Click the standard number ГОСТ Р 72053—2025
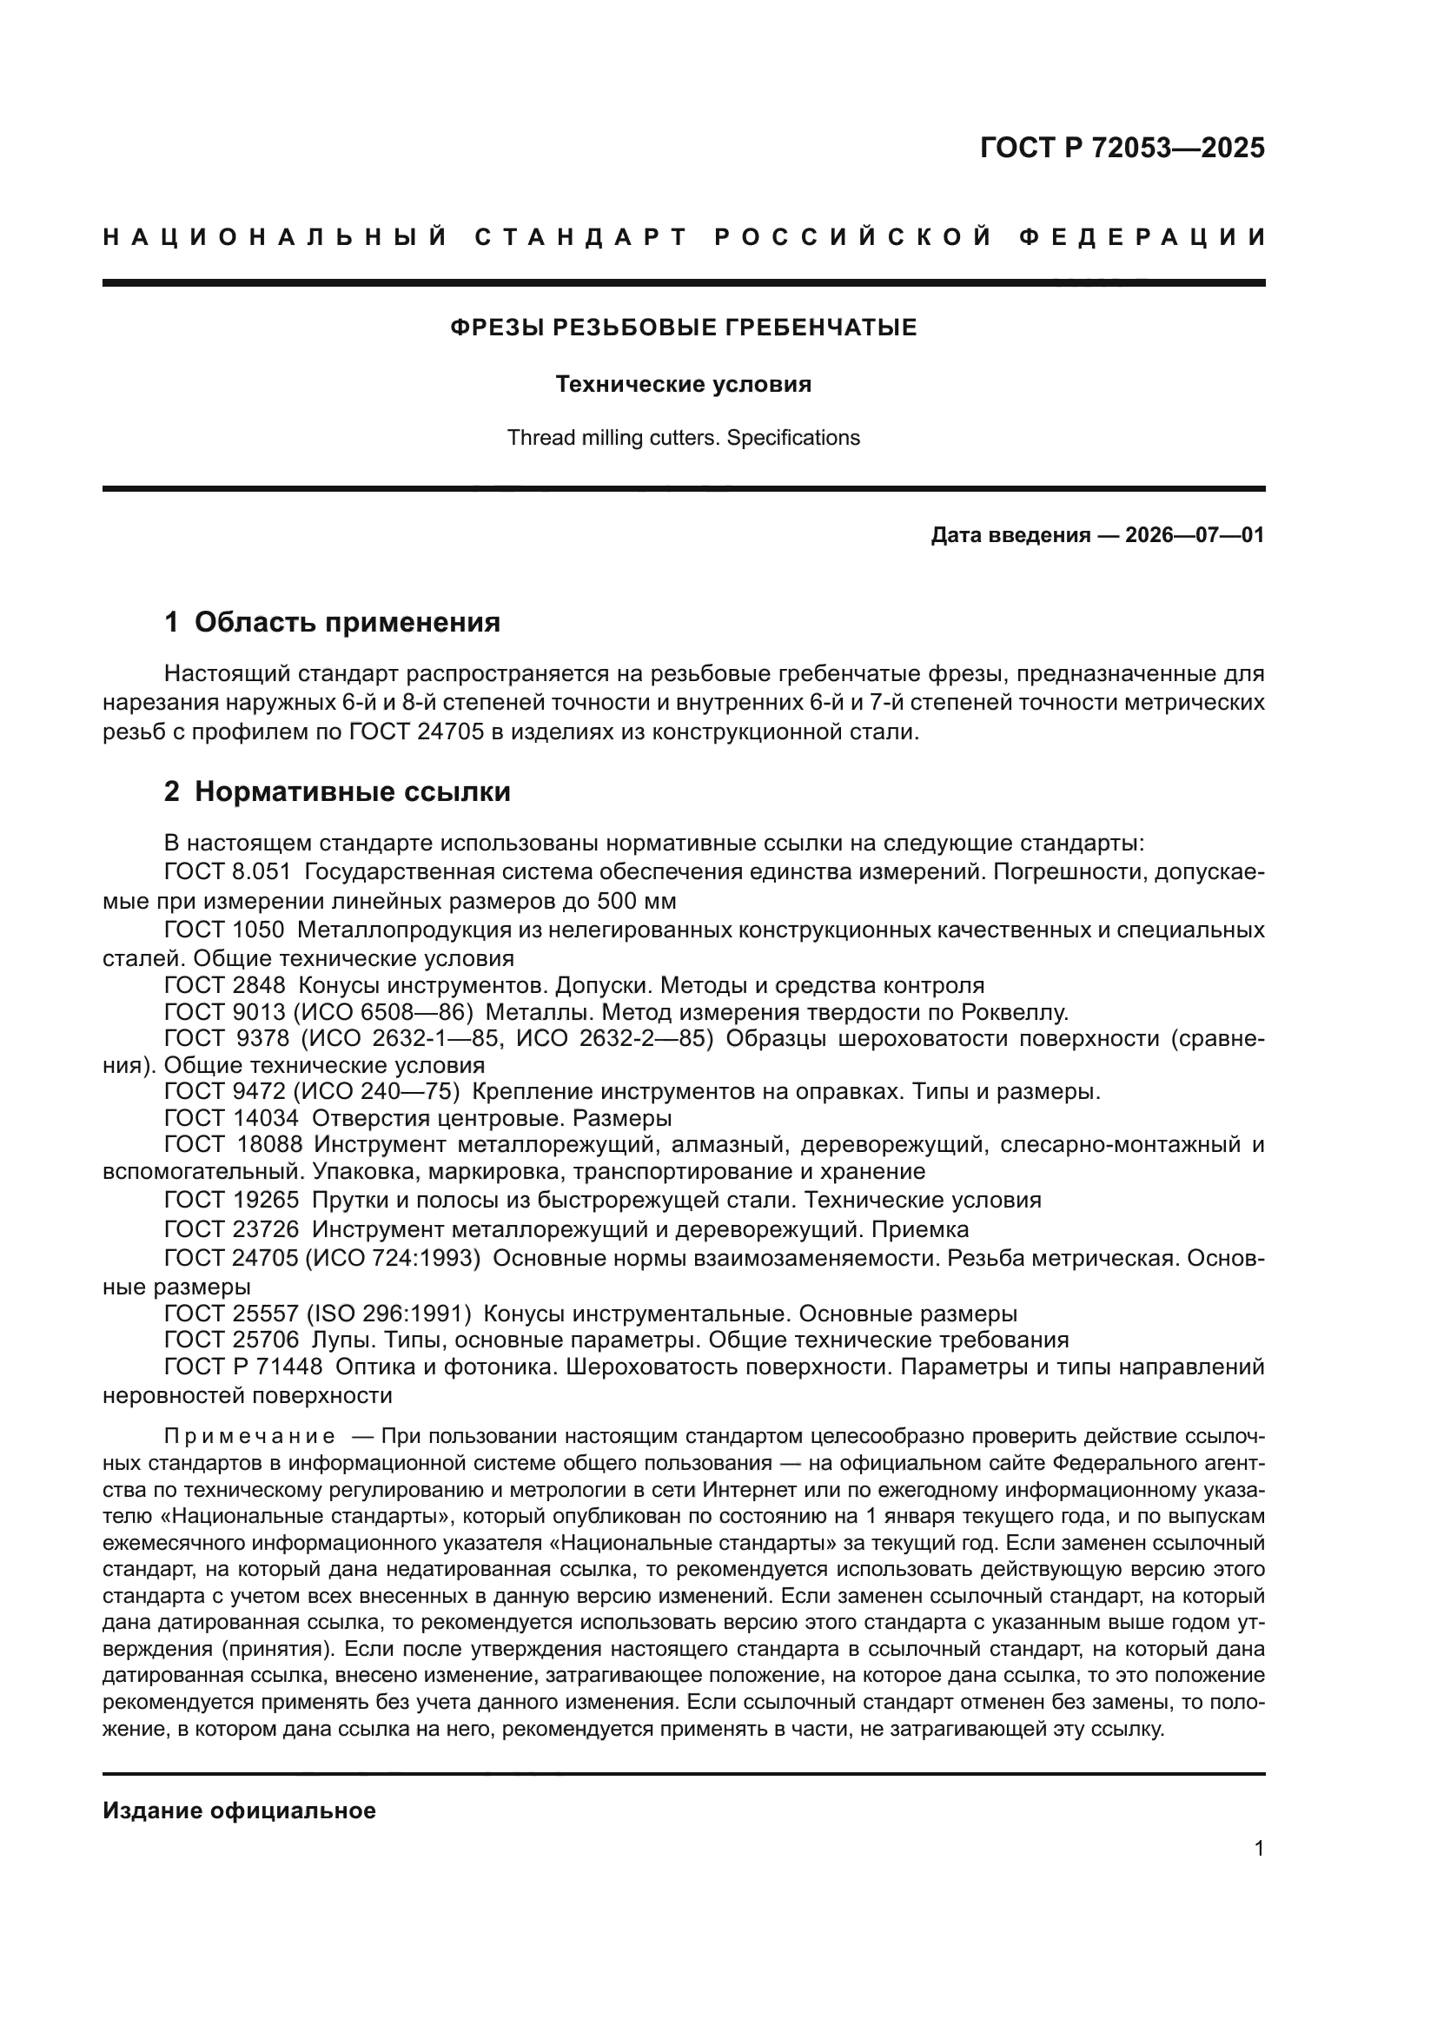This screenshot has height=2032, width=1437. click(1122, 148)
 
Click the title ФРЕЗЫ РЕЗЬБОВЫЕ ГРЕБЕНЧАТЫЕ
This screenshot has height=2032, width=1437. click(683, 328)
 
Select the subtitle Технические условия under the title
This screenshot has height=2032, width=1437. click(683, 384)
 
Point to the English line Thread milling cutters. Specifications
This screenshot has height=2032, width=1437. click(683, 438)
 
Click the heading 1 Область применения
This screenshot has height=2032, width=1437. click(332, 622)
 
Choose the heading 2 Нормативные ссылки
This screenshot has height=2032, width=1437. click(337, 791)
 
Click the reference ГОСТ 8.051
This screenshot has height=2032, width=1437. click(228, 871)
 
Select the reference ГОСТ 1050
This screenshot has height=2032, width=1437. click(224, 930)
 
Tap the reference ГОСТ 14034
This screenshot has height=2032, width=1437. click(231, 1117)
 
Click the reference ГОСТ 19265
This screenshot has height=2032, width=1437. click(231, 1200)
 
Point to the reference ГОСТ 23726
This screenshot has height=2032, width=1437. click(231, 1229)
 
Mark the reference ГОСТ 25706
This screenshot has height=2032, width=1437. click(231, 1339)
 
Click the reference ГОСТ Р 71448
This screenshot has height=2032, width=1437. click(243, 1367)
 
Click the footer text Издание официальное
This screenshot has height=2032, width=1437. click(239, 1810)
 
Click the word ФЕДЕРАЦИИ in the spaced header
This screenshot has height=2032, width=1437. click(1142, 237)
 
